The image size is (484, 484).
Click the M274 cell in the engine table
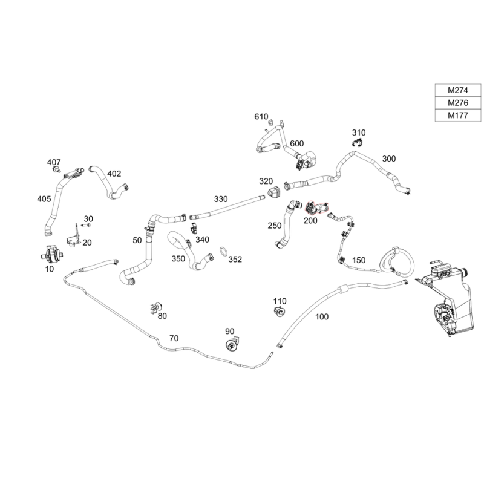click(458, 90)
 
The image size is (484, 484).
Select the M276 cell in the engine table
click(458, 103)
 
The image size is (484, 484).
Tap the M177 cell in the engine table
click(458, 115)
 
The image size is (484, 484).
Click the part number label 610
click(261, 117)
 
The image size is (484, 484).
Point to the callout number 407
click(54, 162)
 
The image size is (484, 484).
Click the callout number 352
click(235, 260)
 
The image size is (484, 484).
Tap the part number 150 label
click(359, 260)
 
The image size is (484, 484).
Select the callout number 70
click(174, 338)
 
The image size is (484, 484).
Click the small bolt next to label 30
click(87, 225)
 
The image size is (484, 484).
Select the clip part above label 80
click(156, 307)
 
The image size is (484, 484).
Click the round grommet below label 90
click(231, 344)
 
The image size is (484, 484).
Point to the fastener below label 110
click(280, 312)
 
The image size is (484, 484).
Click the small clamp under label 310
click(357, 143)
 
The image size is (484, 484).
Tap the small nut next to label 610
click(270, 122)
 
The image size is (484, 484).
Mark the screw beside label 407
click(56, 169)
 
